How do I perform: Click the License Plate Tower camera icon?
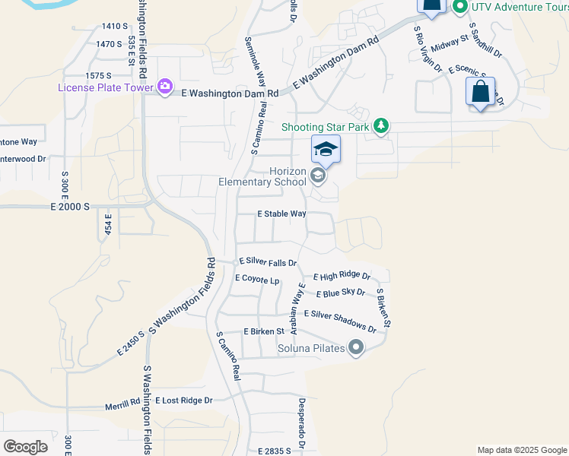coord(165,87)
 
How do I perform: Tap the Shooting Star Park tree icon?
coord(381,126)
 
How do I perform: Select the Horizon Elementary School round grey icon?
coord(318,177)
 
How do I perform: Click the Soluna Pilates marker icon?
coord(356,349)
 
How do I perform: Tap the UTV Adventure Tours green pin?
coord(459,8)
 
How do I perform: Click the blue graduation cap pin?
coord(326,149)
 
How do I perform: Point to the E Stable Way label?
coord(281,214)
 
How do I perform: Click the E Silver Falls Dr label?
coord(268,261)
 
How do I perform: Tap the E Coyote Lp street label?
coord(257,279)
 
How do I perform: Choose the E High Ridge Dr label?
coord(342,276)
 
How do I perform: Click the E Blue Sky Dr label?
coord(339,293)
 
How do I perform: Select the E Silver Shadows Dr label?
coord(340,320)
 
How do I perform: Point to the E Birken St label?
coord(263,331)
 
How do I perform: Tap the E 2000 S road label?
coord(70,207)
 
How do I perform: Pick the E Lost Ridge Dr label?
coord(183,400)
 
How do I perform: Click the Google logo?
coord(26,446)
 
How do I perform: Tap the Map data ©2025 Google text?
coord(521,450)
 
